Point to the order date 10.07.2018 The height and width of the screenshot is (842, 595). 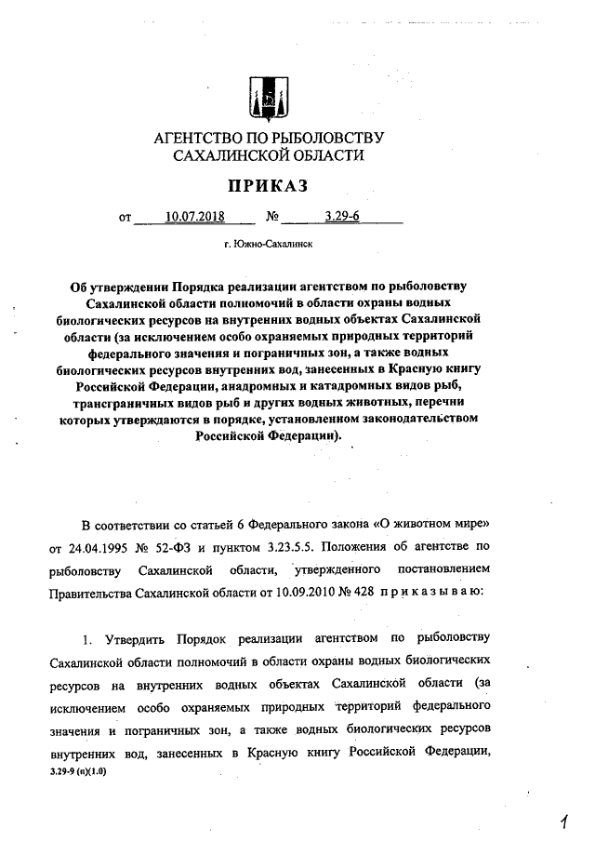[x=195, y=219]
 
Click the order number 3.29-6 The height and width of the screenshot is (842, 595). [x=342, y=219]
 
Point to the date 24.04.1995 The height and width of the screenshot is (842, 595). [x=118, y=544]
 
